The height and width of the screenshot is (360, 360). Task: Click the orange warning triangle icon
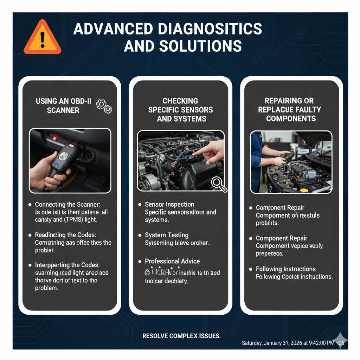[42, 38]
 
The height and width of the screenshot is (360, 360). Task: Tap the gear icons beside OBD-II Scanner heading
[104, 105]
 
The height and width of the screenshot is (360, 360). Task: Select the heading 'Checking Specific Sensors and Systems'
[180, 110]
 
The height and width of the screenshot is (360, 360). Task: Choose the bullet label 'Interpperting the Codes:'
[67, 265]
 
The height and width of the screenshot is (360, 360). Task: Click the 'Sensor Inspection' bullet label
[169, 205]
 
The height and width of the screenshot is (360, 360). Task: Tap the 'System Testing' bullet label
[167, 235]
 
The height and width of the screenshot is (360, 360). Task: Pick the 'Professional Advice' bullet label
[172, 261]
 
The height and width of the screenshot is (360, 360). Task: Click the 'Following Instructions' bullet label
[286, 269]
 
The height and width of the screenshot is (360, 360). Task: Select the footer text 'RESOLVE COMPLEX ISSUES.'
[181, 336]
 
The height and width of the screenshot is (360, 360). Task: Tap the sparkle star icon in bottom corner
[341, 341]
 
